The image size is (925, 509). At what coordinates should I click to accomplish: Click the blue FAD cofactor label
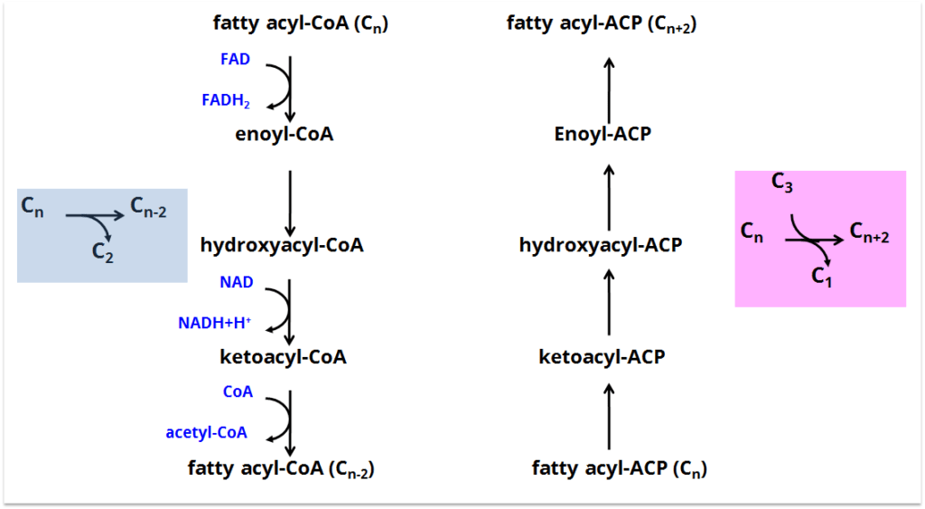(x=235, y=60)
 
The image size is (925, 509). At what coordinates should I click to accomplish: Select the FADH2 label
(x=226, y=100)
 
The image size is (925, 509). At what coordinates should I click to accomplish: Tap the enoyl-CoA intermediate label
(x=284, y=135)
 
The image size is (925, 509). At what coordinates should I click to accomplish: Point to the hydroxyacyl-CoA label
(x=282, y=245)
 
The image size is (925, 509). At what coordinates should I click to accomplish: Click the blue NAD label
(x=237, y=283)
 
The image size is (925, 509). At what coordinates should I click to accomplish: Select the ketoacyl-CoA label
(x=283, y=357)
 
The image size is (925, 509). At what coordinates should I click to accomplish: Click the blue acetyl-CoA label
(x=207, y=433)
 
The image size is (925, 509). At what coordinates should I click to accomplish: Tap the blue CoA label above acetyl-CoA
(x=238, y=392)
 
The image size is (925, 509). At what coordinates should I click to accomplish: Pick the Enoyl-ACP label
(x=603, y=135)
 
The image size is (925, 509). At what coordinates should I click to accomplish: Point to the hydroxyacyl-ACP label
(x=601, y=245)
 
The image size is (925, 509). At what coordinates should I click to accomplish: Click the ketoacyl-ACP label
(x=602, y=357)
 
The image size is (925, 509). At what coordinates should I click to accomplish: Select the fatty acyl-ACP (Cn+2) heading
(x=602, y=24)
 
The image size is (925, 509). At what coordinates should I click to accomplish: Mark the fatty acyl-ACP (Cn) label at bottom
(x=620, y=469)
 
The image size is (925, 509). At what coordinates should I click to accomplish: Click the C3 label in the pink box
(x=783, y=184)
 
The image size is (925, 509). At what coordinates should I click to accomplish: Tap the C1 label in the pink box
(x=822, y=277)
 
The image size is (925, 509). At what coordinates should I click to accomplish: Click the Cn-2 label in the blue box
(x=149, y=209)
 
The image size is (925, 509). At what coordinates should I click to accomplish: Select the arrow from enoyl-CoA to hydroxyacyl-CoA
(x=290, y=202)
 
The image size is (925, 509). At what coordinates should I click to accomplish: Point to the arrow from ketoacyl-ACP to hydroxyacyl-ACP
(x=609, y=301)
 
